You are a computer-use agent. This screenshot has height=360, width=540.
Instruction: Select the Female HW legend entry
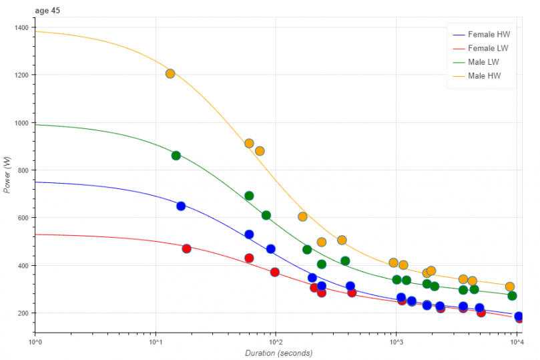pyautogui.click(x=486, y=34)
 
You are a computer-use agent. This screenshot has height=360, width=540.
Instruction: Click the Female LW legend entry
pyautogui.click(x=485, y=48)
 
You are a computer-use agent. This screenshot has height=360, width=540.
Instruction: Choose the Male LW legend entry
pyautogui.click(x=483, y=61)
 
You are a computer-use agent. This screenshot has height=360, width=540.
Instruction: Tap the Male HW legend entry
pyautogui.click(x=484, y=75)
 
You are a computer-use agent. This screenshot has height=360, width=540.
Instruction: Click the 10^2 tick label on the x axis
pyautogui.click(x=275, y=342)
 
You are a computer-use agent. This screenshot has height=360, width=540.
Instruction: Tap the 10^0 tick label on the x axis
pyautogui.click(x=35, y=342)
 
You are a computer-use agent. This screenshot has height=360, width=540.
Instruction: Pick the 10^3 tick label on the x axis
pyautogui.click(x=396, y=342)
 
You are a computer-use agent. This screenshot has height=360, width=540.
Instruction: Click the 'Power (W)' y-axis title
pyautogui.click(x=7, y=175)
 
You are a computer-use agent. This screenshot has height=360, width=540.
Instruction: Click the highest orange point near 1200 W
pyautogui.click(x=170, y=73)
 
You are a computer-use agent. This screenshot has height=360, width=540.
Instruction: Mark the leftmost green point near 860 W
pyautogui.click(x=176, y=156)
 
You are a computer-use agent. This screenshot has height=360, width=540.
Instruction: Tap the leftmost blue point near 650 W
pyautogui.click(x=181, y=206)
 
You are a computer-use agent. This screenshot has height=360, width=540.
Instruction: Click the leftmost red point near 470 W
pyautogui.click(x=186, y=248)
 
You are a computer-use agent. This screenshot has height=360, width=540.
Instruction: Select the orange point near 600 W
pyautogui.click(x=302, y=216)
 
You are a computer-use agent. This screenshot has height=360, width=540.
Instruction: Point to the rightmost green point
pyautogui.click(x=512, y=296)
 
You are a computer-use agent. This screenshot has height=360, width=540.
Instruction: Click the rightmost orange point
pyautogui.click(x=510, y=287)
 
